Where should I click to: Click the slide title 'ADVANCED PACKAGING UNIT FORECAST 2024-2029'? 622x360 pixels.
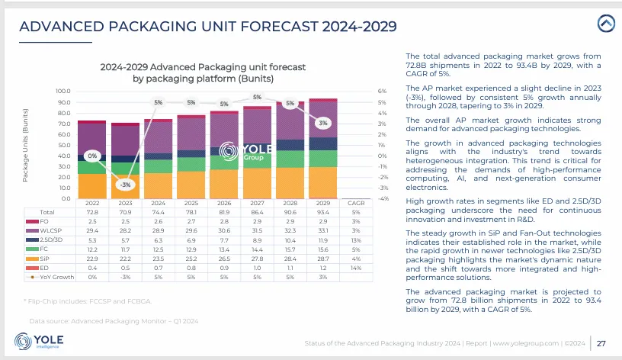[207, 27]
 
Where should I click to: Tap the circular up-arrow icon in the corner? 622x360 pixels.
[607, 23]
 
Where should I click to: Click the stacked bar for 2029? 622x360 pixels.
[324, 149]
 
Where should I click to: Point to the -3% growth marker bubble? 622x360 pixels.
[125, 184]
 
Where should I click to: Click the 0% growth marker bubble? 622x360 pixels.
[92, 156]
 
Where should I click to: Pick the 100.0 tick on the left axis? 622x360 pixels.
[64, 91]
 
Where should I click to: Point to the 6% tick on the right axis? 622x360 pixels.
[361, 91]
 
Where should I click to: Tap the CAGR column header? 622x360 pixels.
[356, 203]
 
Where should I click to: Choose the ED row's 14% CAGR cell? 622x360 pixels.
[356, 267]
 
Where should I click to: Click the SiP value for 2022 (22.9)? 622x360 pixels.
[92, 258]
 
